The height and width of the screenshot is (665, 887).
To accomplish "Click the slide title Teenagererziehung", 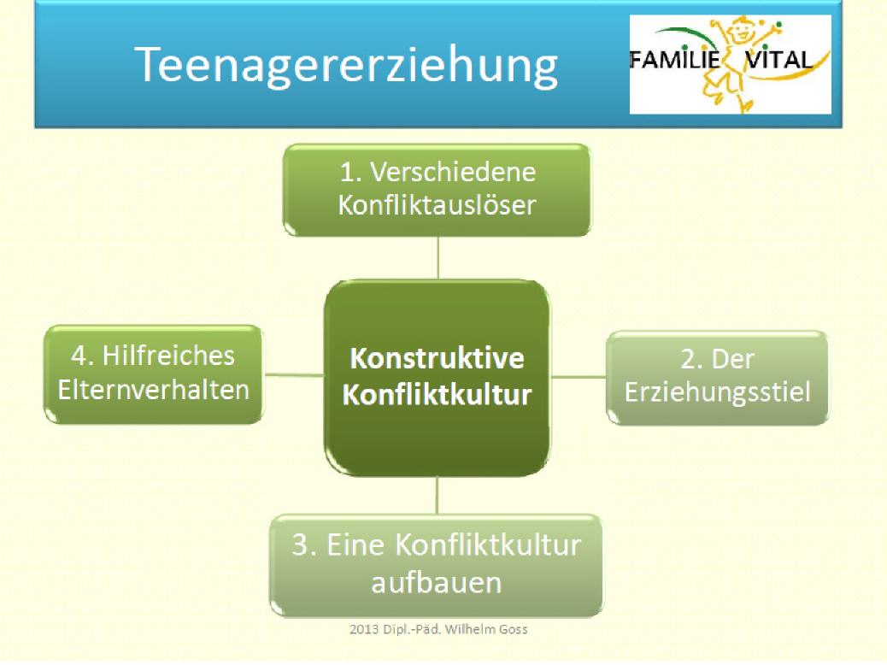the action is tap(345, 66).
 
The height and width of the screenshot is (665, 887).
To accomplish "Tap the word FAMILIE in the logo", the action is tap(674, 60).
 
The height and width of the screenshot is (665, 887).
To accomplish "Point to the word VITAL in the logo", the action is tap(779, 60).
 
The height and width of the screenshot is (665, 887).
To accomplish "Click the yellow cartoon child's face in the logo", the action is tap(742, 31).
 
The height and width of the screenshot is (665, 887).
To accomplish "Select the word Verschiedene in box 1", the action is tap(453, 172).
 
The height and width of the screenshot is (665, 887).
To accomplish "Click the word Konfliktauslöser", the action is tap(437, 205).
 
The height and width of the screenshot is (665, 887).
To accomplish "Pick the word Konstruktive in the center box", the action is tap(437, 357).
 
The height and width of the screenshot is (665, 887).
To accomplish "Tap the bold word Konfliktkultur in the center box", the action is tap(437, 394).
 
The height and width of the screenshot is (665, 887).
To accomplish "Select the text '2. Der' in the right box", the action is tap(717, 359).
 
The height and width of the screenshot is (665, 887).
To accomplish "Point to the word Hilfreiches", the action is tap(168, 356).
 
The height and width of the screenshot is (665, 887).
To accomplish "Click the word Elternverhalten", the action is tap(153, 390).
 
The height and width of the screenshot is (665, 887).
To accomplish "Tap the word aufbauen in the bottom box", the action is tap(436, 582).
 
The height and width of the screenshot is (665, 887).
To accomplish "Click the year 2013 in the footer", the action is tap(364, 629).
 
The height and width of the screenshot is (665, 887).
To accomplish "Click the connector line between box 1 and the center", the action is tap(438, 257).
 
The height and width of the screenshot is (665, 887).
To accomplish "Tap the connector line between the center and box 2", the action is tap(578, 376).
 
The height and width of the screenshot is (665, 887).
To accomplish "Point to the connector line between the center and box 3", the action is tap(437, 495).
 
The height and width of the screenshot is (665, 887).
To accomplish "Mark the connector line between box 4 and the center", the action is tap(294, 374).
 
